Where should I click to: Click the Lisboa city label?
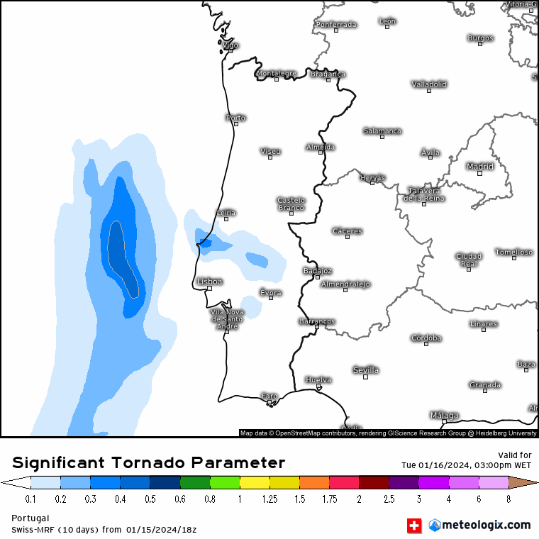pyautogui.click(x=210, y=282)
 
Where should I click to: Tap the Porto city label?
pyautogui.click(x=235, y=118)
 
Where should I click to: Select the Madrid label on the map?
pyautogui.click(x=479, y=167)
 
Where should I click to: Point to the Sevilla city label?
pyautogui.click(x=366, y=370)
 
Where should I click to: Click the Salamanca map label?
pyautogui.click(x=382, y=130)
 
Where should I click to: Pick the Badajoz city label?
pyautogui.click(x=317, y=270)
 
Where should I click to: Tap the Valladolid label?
pyautogui.click(x=429, y=84)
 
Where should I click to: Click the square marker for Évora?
pyautogui.click(x=270, y=298)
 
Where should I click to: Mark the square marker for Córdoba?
pyautogui.click(x=426, y=343)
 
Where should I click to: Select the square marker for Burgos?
pyautogui.click(x=480, y=44)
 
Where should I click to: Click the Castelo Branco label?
pyautogui.click(x=291, y=204)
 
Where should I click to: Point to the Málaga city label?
pyautogui.click(x=444, y=415)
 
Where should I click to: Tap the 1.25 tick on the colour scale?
pyautogui.click(x=269, y=499)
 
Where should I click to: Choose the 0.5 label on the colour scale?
pyautogui.click(x=150, y=499)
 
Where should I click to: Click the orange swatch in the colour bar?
pyautogui.click(x=314, y=483)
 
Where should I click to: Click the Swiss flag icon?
pyautogui.click(x=413, y=526)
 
